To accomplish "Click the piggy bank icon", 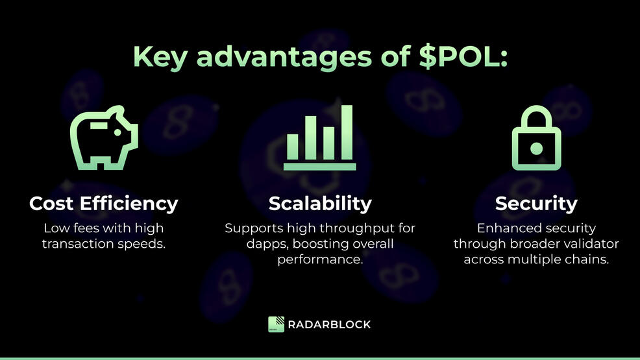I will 104,140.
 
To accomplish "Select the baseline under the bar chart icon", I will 319,167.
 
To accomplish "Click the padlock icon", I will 535,139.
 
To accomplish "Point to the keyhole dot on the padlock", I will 536,149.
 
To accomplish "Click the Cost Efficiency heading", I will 104,204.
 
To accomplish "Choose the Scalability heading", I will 320,204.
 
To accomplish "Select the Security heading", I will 536,204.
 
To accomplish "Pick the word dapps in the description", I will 264,244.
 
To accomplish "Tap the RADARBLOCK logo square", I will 276,324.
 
